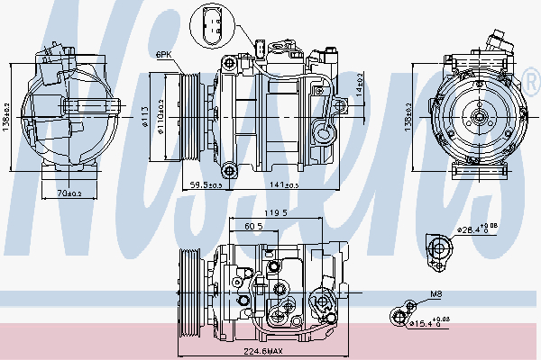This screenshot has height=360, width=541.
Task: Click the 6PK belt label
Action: [163, 55]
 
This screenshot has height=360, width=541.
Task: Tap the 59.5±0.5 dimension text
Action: [206, 184]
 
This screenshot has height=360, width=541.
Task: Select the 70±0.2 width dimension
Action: [69, 193]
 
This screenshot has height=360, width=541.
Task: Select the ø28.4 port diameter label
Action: [477, 230]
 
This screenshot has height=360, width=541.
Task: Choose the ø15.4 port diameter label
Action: [431, 320]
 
